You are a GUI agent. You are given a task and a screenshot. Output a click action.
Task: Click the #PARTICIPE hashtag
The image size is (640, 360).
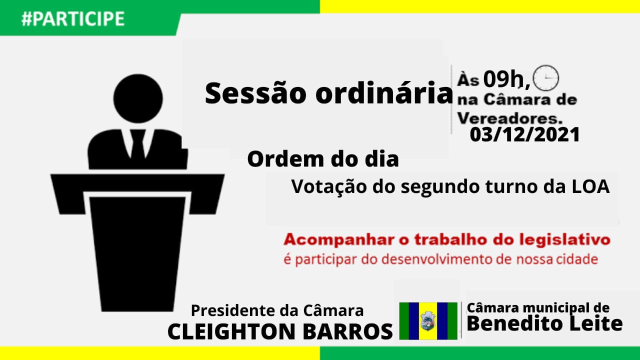pyautogui.click(x=73, y=18)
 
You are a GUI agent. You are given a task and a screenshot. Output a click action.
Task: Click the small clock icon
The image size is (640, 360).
pyautogui.click(x=546, y=78)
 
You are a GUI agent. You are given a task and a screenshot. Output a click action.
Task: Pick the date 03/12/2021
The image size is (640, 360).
pyautogui.click(x=524, y=134)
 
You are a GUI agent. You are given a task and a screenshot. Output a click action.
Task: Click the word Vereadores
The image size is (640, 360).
pyautogui.click(x=510, y=118)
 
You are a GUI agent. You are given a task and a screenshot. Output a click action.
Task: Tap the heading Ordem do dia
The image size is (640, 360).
pyautogui.click(x=323, y=159)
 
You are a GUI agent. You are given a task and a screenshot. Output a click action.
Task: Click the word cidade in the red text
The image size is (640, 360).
pyautogui.click(x=578, y=260)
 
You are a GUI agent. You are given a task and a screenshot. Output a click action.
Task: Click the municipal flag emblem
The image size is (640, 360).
pyautogui.click(x=428, y=320)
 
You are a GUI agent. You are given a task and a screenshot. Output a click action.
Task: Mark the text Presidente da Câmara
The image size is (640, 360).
pyautogui.click(x=277, y=310)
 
